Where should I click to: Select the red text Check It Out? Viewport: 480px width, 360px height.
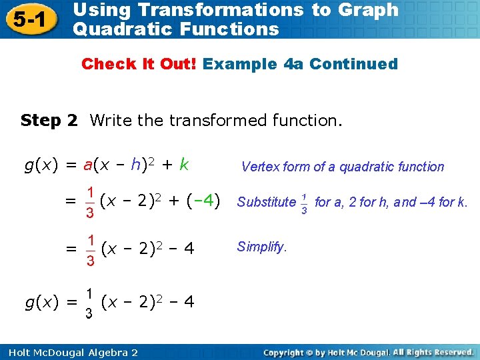[x=139, y=65]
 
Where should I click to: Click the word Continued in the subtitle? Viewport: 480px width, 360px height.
[x=353, y=65]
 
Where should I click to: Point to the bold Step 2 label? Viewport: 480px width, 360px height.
[x=49, y=121]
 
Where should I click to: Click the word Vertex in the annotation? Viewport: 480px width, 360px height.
[x=260, y=167]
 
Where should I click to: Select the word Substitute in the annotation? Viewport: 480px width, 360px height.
[x=266, y=202]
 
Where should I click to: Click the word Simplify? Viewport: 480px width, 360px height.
[x=261, y=247]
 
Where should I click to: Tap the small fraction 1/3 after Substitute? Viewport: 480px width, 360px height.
[x=305, y=202]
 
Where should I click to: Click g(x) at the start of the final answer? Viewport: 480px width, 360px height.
[x=41, y=302]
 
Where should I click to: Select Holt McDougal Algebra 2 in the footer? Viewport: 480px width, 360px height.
[x=69, y=352]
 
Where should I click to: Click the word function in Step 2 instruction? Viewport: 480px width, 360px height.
[x=304, y=121]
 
